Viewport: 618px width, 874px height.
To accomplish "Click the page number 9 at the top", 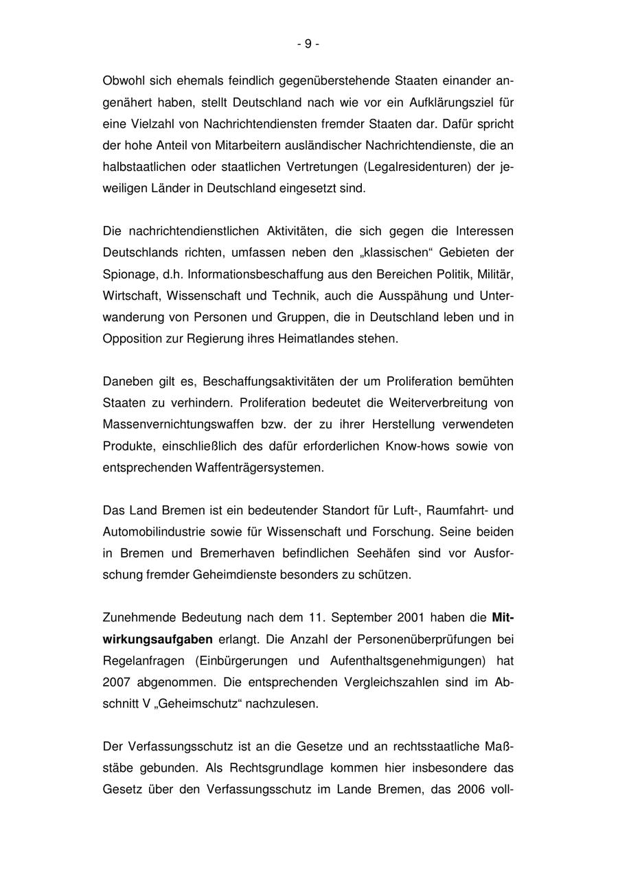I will pos(308,44).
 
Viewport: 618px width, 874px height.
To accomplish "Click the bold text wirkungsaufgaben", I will pos(157,639).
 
